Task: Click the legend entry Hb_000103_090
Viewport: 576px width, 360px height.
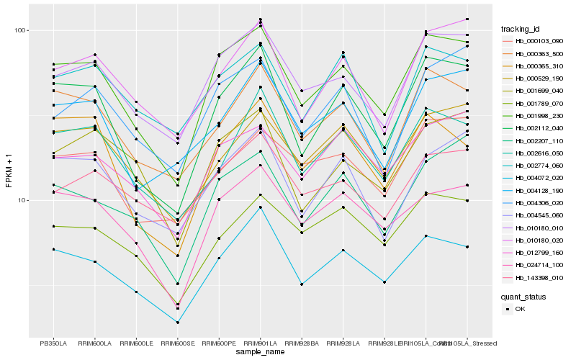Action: point(539,42)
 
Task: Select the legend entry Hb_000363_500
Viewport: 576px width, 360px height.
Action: point(539,54)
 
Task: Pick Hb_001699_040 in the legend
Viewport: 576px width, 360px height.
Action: point(539,91)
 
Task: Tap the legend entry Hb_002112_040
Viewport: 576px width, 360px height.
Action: point(539,128)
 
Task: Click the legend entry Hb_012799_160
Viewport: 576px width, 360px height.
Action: point(539,252)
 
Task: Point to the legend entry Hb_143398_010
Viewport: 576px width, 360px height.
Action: point(539,277)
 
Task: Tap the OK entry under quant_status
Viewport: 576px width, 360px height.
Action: point(520,309)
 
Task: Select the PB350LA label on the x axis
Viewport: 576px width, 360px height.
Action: point(53,343)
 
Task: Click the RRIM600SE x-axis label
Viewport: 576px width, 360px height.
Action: point(178,343)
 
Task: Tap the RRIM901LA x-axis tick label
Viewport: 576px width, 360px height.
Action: point(261,343)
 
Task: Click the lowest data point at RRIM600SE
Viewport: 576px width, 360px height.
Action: point(178,323)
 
